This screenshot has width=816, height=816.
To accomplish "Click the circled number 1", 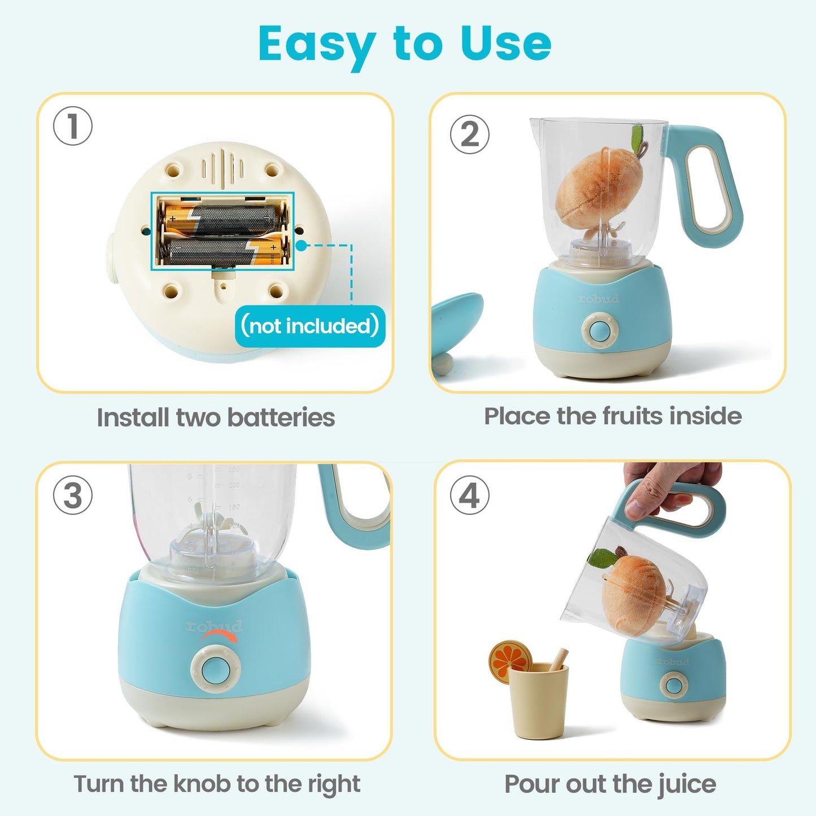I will click(x=73, y=126).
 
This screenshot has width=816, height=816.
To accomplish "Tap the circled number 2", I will click(x=469, y=134).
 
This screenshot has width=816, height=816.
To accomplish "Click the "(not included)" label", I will click(x=309, y=326).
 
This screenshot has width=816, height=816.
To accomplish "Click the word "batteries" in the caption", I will click(x=281, y=418).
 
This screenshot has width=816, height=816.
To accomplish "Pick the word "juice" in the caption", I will click(x=687, y=784).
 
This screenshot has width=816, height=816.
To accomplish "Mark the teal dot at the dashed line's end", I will click(x=302, y=246).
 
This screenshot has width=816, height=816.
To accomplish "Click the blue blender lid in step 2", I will click(x=457, y=325).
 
